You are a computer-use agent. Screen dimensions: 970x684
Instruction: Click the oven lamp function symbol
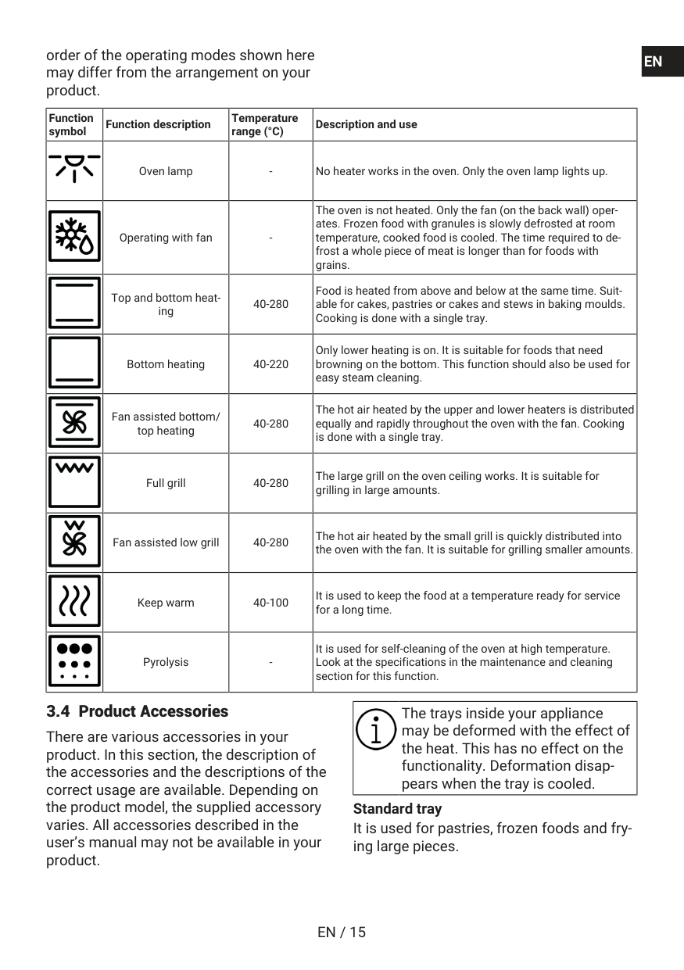pos(74,167)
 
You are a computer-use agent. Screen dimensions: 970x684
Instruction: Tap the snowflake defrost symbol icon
pos(75,237)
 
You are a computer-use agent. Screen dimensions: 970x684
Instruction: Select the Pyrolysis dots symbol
pos(75,661)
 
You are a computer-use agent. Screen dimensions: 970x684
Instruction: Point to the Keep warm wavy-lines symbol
pos(75,602)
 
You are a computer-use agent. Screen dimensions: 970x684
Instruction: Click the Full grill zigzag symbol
pos(75,482)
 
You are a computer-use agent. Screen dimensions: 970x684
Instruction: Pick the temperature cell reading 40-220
pos(270,364)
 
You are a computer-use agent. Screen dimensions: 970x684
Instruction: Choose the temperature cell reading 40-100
pos(270,603)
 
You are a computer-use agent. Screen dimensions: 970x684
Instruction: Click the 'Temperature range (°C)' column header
pos(264,124)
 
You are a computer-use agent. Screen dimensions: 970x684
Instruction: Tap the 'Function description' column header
pos(158,124)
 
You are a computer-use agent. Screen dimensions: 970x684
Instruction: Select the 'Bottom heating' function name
pos(166,364)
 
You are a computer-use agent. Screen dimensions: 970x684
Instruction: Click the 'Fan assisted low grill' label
pos(166,542)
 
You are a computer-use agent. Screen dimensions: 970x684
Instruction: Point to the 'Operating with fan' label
pos(166,238)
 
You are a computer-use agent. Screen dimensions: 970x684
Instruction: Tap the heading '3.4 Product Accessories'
pos(138,711)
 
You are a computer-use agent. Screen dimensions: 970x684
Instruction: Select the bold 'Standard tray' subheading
pos(397,809)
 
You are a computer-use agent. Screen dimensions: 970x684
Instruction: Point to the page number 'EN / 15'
pos(342,932)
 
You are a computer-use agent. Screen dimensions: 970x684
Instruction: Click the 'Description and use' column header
pos(366,124)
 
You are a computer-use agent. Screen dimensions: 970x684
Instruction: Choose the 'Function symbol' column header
pos(71,124)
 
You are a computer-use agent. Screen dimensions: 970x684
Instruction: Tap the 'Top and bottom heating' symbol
pos(75,303)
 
